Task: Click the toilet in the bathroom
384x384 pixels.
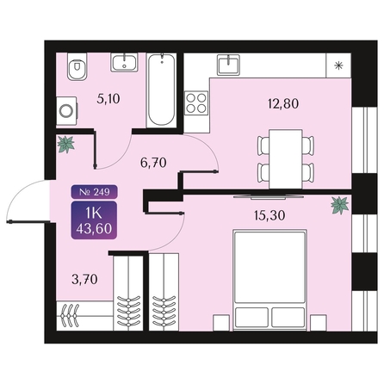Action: pyautogui.click(x=77, y=66)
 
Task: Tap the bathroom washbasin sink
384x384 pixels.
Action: pyautogui.click(x=124, y=62)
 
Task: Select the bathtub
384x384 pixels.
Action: pyautogui.click(x=161, y=90)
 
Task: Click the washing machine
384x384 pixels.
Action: pyautogui.click(x=66, y=111)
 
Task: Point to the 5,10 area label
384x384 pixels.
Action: pyautogui.click(x=108, y=99)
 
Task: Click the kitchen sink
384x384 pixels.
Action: pyautogui.click(x=228, y=65)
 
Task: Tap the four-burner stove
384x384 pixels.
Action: pyautogui.click(x=196, y=103)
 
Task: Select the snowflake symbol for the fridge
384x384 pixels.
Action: pyautogui.click(x=338, y=65)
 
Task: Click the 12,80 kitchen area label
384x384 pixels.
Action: pyautogui.click(x=283, y=103)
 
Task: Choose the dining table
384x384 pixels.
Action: pyautogui.click(x=286, y=159)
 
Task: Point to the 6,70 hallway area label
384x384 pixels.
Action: pyautogui.click(x=153, y=163)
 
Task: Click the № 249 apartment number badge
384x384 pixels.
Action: pyautogui.click(x=94, y=191)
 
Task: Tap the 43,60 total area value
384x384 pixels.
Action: pyautogui.click(x=94, y=229)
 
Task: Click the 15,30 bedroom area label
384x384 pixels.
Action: pyautogui.click(x=269, y=215)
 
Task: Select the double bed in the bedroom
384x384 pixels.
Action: pyautogui.click(x=270, y=280)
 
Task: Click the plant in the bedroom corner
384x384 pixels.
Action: pyautogui.click(x=340, y=205)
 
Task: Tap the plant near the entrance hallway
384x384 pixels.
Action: pyautogui.click(x=66, y=144)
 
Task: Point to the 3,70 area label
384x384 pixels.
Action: pyautogui.click(x=84, y=279)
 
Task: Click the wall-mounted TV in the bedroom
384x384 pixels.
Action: pyautogui.click(x=269, y=197)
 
